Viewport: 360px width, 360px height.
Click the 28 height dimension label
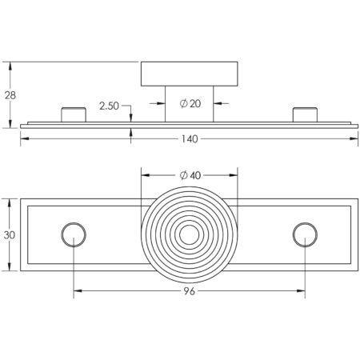pos(10,95)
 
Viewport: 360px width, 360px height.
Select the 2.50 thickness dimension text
pos(109,106)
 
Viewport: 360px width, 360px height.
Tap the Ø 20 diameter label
pos(190,103)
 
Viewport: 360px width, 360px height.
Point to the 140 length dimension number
pos(190,139)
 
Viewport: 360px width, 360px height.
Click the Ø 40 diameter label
pos(190,175)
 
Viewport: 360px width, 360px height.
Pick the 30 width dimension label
pos(10,235)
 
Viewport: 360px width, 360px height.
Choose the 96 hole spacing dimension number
pos(190,291)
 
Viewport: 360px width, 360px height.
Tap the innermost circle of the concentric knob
pos(190,226)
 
